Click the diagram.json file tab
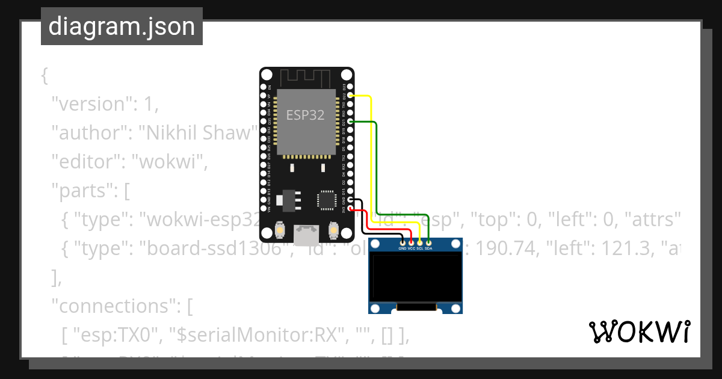point(122,26)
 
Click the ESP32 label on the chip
point(305,115)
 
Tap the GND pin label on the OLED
point(403,248)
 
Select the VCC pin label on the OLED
point(412,248)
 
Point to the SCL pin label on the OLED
point(420,248)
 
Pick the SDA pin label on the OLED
point(428,248)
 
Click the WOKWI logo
point(639,331)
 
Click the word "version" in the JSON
point(90,103)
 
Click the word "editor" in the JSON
point(86,161)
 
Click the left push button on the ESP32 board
point(280,230)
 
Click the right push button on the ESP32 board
point(333,230)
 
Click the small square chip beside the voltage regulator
point(327,200)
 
